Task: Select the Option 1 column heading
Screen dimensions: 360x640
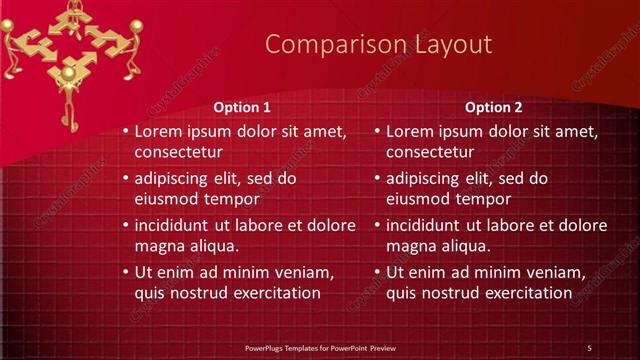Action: point(242,107)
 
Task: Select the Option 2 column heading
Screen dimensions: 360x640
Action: point(494,107)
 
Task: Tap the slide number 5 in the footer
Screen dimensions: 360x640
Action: point(589,348)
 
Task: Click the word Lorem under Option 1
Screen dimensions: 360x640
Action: point(158,131)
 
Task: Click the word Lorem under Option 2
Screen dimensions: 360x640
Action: point(410,131)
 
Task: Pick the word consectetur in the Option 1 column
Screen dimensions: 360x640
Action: point(178,152)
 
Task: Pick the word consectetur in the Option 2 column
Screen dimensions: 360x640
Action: point(430,152)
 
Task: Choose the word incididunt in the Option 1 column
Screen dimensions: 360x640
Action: point(175,225)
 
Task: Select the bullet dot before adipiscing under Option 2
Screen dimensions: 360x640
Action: point(377,179)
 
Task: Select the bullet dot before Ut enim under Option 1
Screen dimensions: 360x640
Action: point(125,272)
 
